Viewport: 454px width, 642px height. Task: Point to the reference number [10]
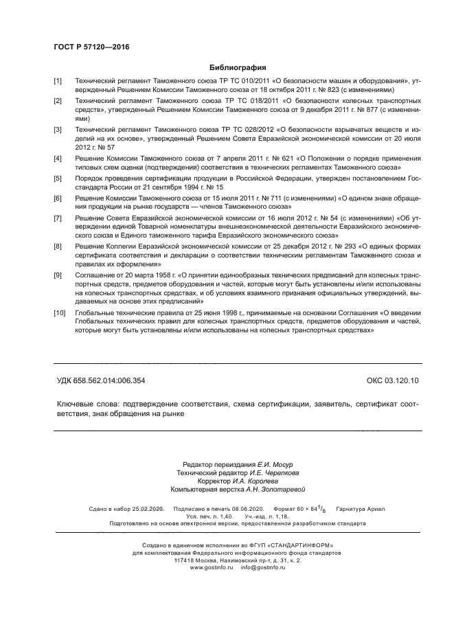[x=60, y=312]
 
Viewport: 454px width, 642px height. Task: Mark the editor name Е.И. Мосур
[x=258, y=465]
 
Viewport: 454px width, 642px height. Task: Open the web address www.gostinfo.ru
[x=212, y=568]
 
